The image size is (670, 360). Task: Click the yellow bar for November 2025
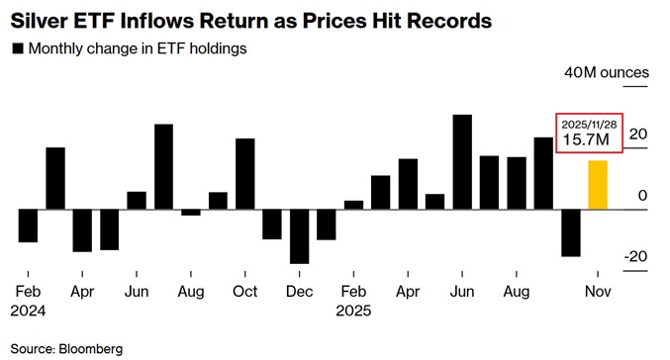[x=597, y=185]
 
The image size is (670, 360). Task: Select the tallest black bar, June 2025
[x=461, y=162]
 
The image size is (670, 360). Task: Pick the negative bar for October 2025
[x=570, y=232]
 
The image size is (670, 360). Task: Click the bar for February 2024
[x=28, y=225]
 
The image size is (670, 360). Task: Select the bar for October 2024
[x=244, y=174]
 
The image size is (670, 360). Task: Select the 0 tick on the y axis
[x=642, y=196]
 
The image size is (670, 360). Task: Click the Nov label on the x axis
[x=597, y=292]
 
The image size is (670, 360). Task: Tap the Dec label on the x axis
[x=299, y=292]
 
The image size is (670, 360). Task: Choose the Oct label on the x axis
[x=244, y=292]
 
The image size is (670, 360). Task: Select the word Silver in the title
[x=39, y=19]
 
